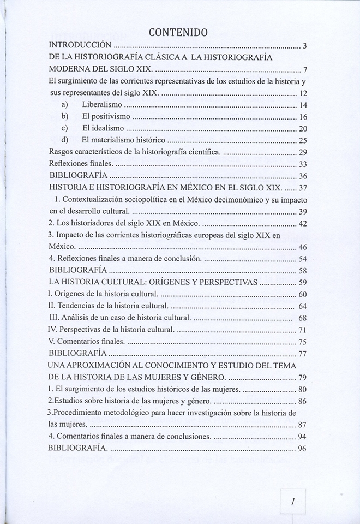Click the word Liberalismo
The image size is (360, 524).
(102, 104)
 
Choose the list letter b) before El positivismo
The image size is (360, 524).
(64, 116)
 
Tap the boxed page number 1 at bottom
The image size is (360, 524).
(293, 501)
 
